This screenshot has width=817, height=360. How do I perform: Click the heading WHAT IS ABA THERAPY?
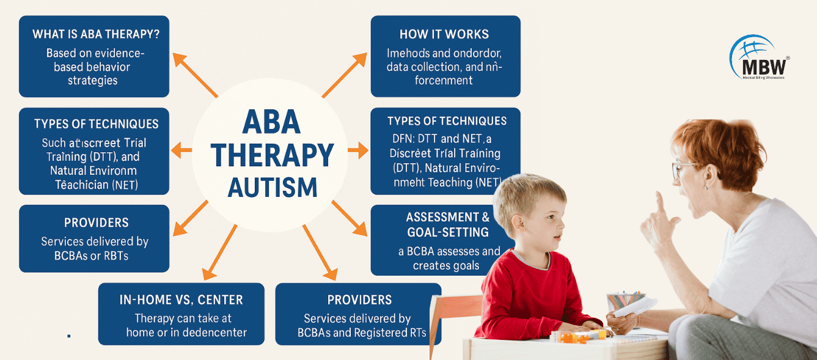[x=94, y=34]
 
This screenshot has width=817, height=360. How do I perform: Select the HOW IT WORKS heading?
[x=444, y=34]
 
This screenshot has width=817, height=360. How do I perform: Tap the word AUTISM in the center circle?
[x=273, y=186]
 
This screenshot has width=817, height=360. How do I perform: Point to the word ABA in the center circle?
[x=272, y=123]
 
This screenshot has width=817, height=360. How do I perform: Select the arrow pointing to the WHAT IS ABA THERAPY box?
[x=195, y=75]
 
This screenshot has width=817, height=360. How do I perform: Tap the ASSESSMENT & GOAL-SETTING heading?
[x=447, y=224]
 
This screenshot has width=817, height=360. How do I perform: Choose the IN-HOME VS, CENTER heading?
[x=181, y=300]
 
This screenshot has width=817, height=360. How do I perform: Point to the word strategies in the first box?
[x=93, y=81]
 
